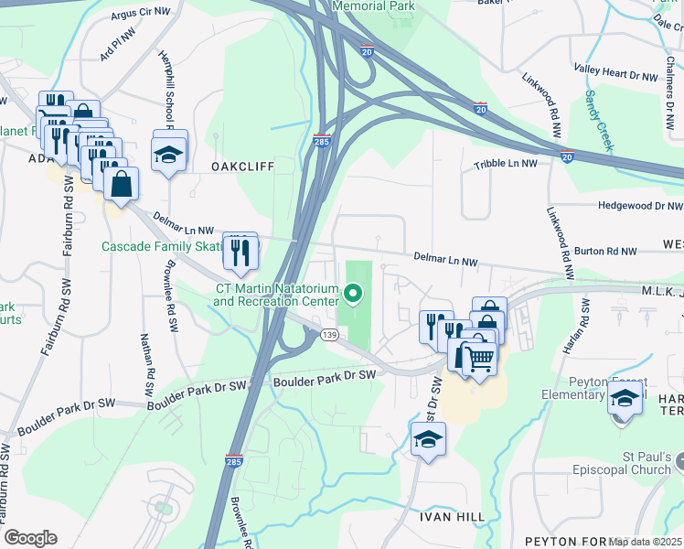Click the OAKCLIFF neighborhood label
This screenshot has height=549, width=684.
(243, 167)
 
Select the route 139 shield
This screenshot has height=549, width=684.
(330, 337)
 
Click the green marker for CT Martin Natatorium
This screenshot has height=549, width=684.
(353, 295)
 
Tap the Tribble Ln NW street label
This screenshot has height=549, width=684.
(506, 164)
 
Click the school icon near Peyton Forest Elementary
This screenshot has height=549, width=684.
(625, 398)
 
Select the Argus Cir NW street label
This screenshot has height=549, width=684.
(140, 13)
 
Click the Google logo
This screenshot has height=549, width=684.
(30, 537)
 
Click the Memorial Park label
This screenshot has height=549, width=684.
(373, 6)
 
